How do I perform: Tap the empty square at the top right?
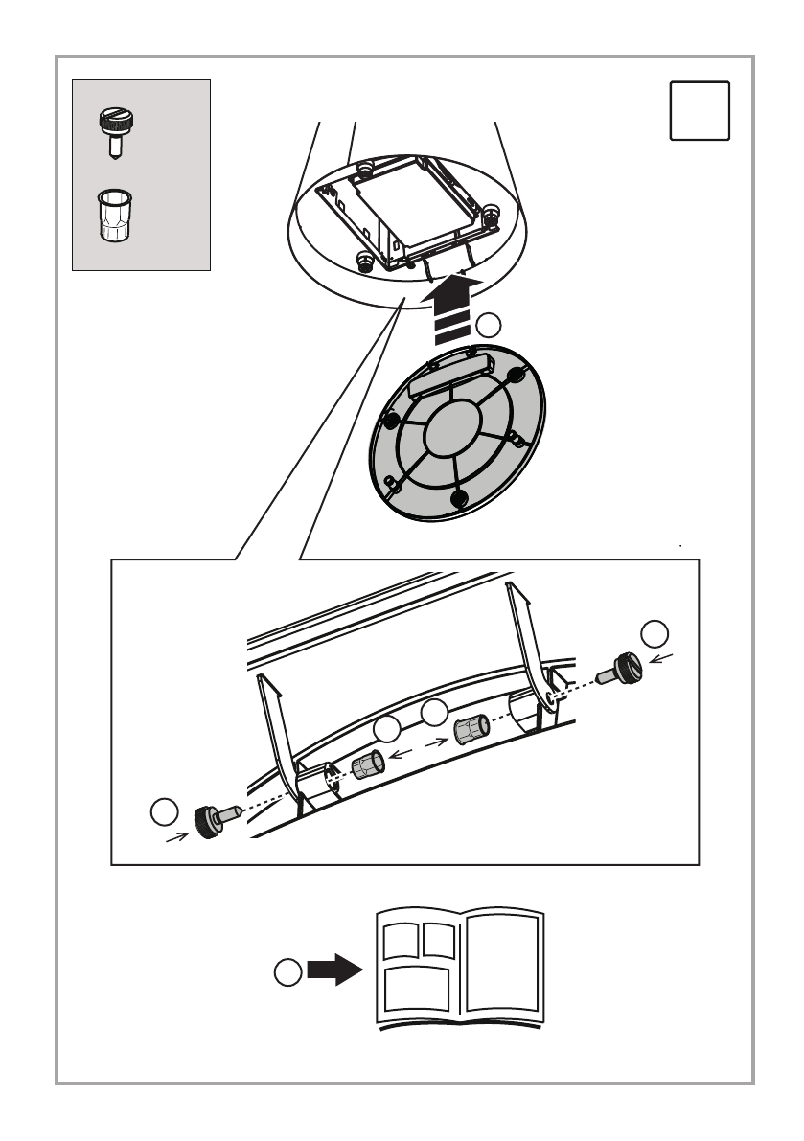point(700,111)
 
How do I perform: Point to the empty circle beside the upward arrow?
point(489,326)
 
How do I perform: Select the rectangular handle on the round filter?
point(448,377)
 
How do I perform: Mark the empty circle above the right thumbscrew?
point(655,633)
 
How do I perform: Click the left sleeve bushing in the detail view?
point(368,766)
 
